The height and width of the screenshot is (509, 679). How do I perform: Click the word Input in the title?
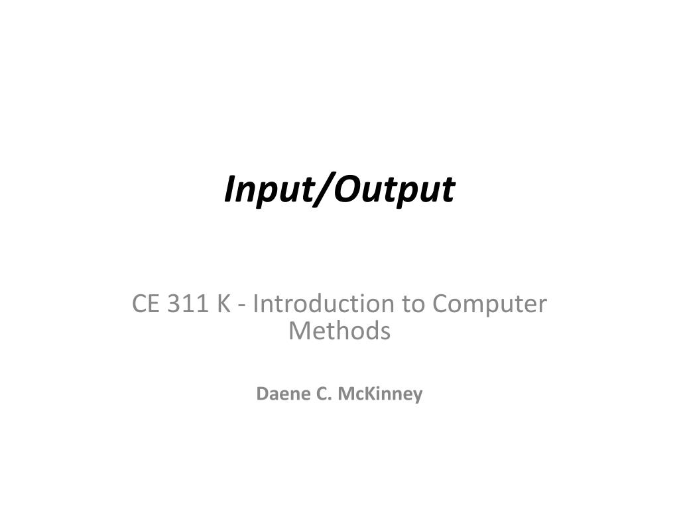click(x=264, y=190)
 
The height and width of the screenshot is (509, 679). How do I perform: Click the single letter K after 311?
click(x=223, y=304)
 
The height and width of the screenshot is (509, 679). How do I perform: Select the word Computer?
click(x=489, y=304)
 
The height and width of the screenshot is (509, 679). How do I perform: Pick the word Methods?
click(x=339, y=330)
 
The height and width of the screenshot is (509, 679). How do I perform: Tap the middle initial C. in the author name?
click(x=322, y=394)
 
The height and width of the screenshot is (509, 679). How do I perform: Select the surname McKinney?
click(x=380, y=394)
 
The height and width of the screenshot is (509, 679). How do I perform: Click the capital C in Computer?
click(x=441, y=304)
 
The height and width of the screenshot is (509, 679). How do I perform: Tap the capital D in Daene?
click(x=262, y=394)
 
